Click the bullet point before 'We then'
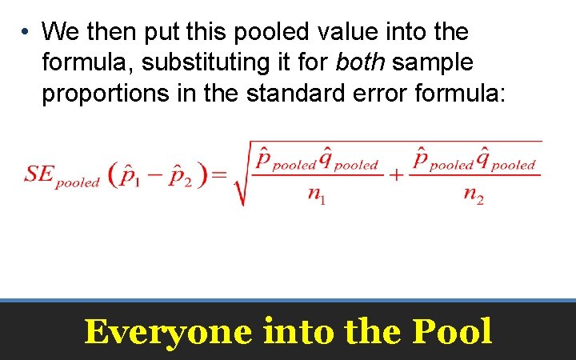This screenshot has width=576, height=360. point(26,32)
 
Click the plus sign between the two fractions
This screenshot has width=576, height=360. point(395,175)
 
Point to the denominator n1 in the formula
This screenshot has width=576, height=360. point(317,197)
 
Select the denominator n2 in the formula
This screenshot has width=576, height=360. point(474,197)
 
